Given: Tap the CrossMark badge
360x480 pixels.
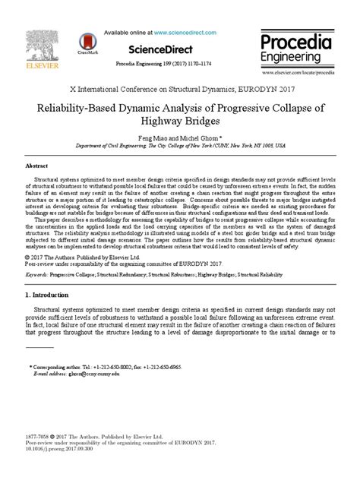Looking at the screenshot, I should pyautogui.click(x=86, y=43).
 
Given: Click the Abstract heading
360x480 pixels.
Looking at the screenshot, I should pyautogui.click(x=37, y=165).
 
